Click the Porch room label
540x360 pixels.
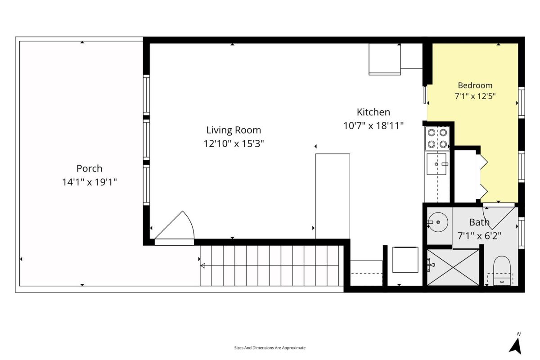click(x=90, y=169)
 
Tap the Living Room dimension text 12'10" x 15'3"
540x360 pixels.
click(x=234, y=144)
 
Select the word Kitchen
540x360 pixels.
click(x=373, y=112)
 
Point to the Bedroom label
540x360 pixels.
click(x=475, y=85)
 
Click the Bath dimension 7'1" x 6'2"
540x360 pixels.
click(x=479, y=236)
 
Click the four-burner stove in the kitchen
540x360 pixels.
click(x=437, y=139)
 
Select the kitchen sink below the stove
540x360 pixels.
click(x=436, y=164)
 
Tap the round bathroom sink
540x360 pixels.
click(x=438, y=222)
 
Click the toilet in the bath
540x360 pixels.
click(x=502, y=271)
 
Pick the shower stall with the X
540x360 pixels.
click(x=453, y=267)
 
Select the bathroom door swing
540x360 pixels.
click(x=499, y=217)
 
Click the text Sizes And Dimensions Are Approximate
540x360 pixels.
click(x=270, y=348)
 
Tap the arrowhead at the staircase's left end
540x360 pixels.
click(x=202, y=265)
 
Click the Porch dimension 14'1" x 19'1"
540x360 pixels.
click(x=90, y=182)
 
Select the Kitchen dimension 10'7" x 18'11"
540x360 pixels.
click(x=373, y=126)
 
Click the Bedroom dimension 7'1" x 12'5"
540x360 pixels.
click(x=475, y=96)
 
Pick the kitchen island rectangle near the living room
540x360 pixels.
click(x=333, y=196)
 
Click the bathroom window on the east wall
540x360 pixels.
click(x=521, y=233)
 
